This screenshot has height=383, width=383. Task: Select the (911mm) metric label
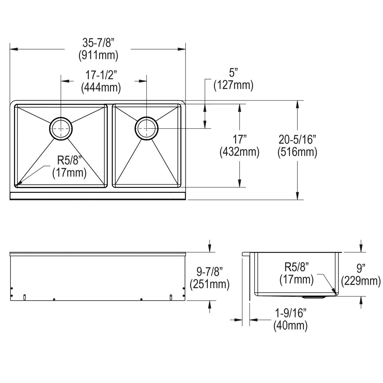(98, 56)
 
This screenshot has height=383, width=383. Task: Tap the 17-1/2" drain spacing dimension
(101, 75)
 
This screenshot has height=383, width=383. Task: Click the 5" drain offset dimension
(234, 73)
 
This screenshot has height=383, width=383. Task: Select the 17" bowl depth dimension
(239, 139)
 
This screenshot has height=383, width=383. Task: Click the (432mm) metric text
(239, 152)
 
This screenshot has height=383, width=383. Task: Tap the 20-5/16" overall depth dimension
(297, 139)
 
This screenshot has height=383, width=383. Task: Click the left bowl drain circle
(61, 129)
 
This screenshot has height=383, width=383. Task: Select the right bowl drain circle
(146, 128)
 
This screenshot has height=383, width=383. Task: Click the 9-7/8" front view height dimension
(210, 271)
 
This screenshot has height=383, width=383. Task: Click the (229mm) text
(361, 280)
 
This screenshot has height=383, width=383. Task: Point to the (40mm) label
(290, 326)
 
